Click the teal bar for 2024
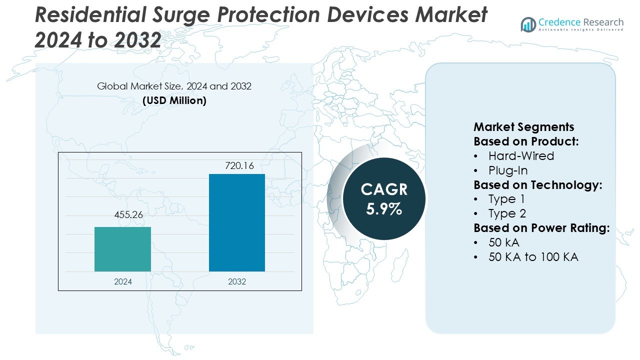pos(122,249)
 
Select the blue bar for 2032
pos(236,222)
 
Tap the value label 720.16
pos(236,165)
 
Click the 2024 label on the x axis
pos(122,281)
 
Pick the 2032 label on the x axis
pos(236,281)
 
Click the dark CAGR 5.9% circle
pos(384,199)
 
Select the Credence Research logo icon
pos(528,24)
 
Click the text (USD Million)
pos(174,100)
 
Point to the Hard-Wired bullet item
pos(521,156)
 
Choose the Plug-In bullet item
pos(508,170)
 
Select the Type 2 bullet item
pos(507,214)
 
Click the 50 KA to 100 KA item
pos(533,257)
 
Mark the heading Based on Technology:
pos(537,185)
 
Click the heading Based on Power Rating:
pos(541,228)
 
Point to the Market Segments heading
pos(523,127)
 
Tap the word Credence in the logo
pos(559,22)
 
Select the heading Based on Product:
pos(526,141)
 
